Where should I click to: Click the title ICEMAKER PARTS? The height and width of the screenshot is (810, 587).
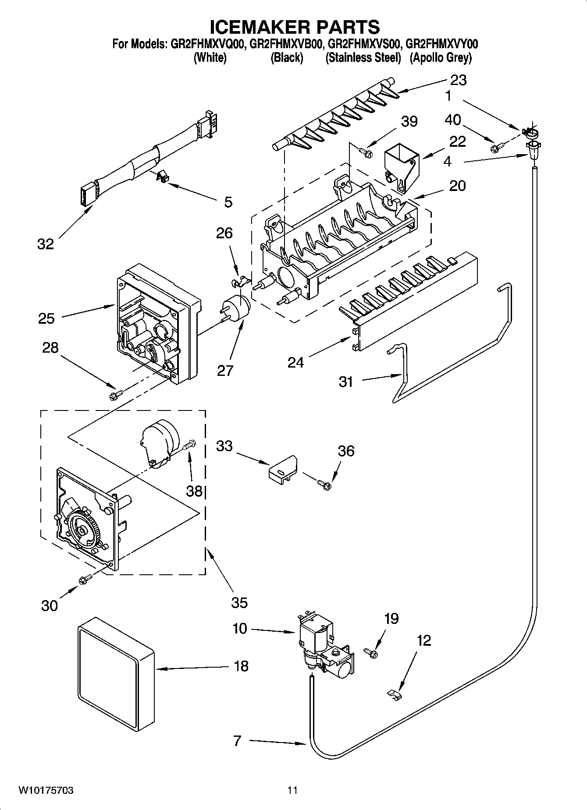pyautogui.click(x=294, y=27)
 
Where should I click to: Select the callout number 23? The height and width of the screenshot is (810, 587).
pyautogui.click(x=459, y=80)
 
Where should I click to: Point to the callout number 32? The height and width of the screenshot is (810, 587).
pyautogui.click(x=46, y=244)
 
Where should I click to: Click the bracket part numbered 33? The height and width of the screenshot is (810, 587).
pyautogui.click(x=282, y=469)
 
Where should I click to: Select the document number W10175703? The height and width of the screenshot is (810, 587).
pyautogui.click(x=46, y=790)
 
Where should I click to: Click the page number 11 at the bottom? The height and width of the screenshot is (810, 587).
pyautogui.click(x=292, y=790)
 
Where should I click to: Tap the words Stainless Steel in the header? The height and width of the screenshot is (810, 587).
pyautogui.click(x=363, y=58)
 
